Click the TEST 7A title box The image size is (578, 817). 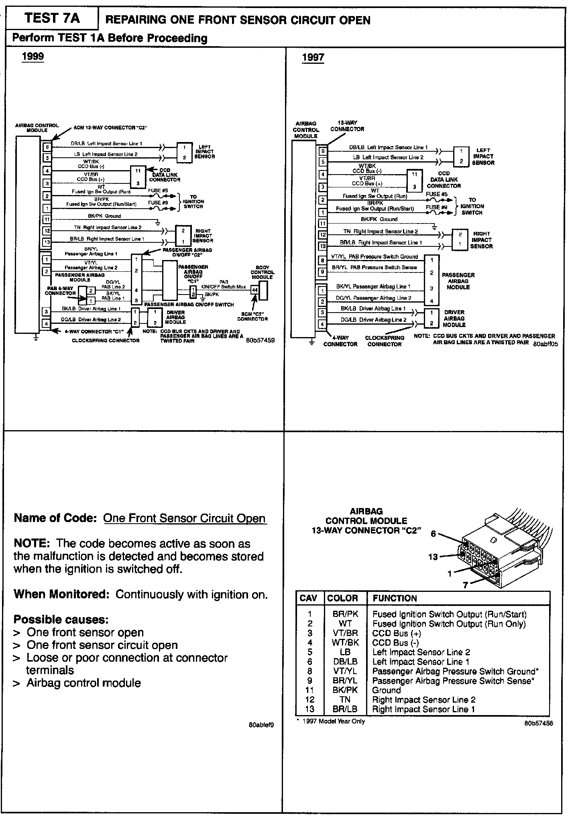(x=52, y=18)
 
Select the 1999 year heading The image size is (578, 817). (x=33, y=56)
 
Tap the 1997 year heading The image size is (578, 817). (x=313, y=57)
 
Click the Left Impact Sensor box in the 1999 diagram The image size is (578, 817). (x=184, y=152)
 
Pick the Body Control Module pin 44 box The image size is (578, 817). (x=254, y=290)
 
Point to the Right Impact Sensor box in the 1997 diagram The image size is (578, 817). (x=460, y=240)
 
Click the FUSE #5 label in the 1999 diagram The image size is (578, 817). (x=158, y=191)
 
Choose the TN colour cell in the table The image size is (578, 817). (x=345, y=699)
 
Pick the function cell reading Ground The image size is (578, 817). (x=387, y=690)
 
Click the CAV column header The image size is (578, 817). (x=309, y=598)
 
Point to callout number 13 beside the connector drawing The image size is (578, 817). (x=433, y=557)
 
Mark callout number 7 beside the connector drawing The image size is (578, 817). (x=465, y=585)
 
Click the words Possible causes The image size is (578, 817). (x=61, y=620)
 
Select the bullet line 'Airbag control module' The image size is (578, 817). (x=83, y=683)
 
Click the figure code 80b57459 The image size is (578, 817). (x=261, y=340)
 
